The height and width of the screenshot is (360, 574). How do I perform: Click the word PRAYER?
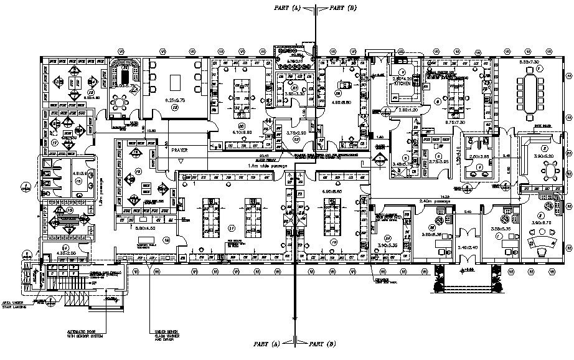point(180,151)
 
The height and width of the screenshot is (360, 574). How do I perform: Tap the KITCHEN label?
point(402,83)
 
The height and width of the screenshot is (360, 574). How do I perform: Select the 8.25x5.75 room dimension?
point(174,100)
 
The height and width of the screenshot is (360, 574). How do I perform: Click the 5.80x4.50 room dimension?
point(145,229)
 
